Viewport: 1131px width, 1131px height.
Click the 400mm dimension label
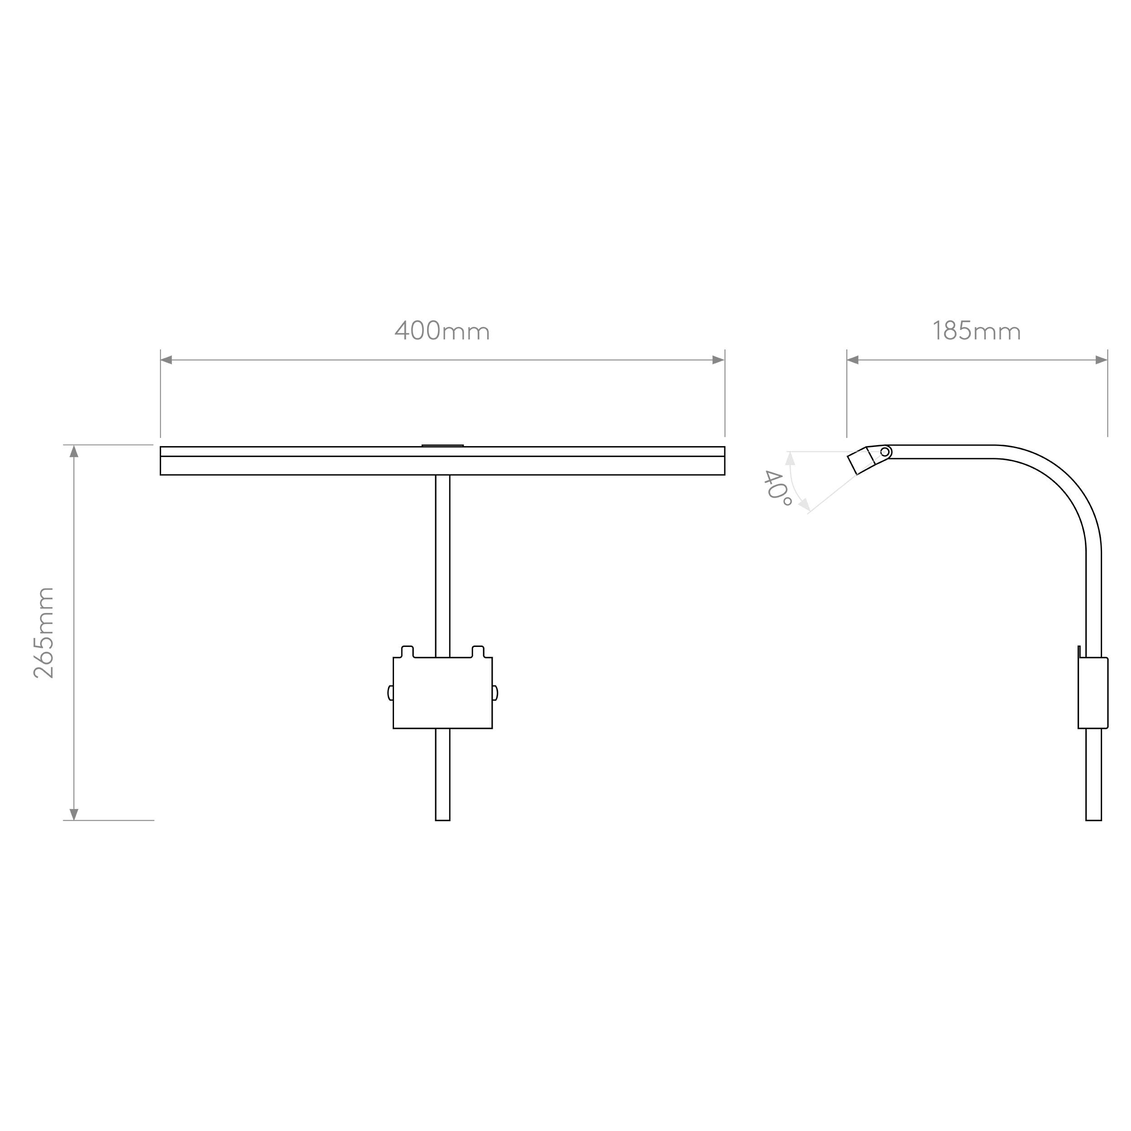tap(442, 330)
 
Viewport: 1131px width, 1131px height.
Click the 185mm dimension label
tap(976, 330)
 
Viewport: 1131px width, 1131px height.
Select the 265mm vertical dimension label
tap(44, 633)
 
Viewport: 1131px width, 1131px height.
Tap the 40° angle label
tap(777, 488)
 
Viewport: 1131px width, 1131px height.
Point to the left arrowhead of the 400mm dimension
tap(166, 360)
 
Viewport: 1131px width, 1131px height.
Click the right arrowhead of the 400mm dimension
tap(718, 360)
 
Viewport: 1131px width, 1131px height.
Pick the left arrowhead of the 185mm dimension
tap(853, 360)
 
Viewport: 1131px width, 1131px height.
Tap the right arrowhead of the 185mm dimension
tap(1101, 360)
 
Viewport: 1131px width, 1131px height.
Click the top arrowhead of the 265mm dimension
tap(74, 451)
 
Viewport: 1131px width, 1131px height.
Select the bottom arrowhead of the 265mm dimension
tap(74, 814)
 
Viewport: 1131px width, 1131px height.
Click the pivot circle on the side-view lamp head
tap(884, 452)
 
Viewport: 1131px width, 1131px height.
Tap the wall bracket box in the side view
tap(1093, 693)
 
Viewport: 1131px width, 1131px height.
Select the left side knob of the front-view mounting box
tap(390, 693)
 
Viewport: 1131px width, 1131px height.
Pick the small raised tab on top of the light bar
tap(442, 446)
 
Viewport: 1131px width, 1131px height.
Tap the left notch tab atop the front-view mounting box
tap(408, 651)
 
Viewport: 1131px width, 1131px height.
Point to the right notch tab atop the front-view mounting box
tap(478, 651)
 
